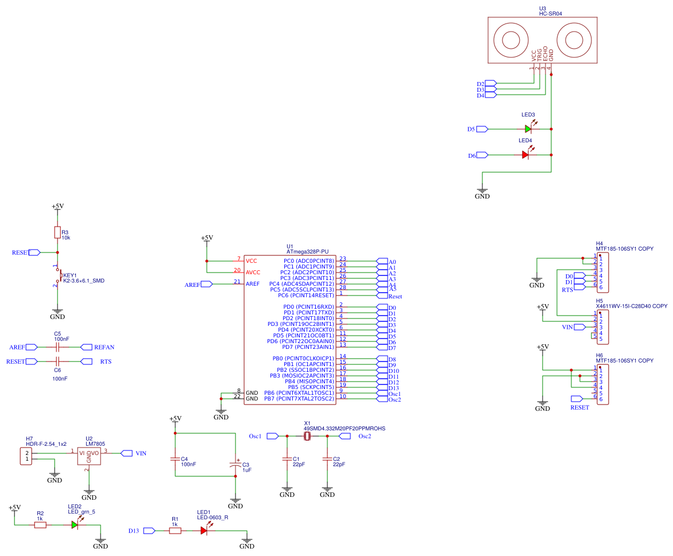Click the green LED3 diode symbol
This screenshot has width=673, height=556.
pos(528,129)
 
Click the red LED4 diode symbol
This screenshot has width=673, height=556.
pos(525,154)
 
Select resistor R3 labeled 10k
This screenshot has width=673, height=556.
pos(57,232)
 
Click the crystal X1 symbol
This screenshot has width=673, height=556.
pos(307,437)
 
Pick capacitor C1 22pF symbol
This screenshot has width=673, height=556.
pos(287,460)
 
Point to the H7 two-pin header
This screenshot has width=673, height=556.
pos(26,456)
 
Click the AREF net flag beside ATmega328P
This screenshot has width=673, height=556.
pos(206,284)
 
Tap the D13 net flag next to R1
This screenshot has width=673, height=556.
pos(149,531)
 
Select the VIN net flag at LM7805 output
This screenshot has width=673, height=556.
pos(127,453)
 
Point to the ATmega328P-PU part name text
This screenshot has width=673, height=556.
pos(307,251)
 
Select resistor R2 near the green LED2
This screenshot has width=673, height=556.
pos(40,524)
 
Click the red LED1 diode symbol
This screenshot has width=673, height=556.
pos(204,531)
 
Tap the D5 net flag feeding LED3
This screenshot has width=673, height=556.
pos(482,129)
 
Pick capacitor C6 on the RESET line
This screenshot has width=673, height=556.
pos(57,361)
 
